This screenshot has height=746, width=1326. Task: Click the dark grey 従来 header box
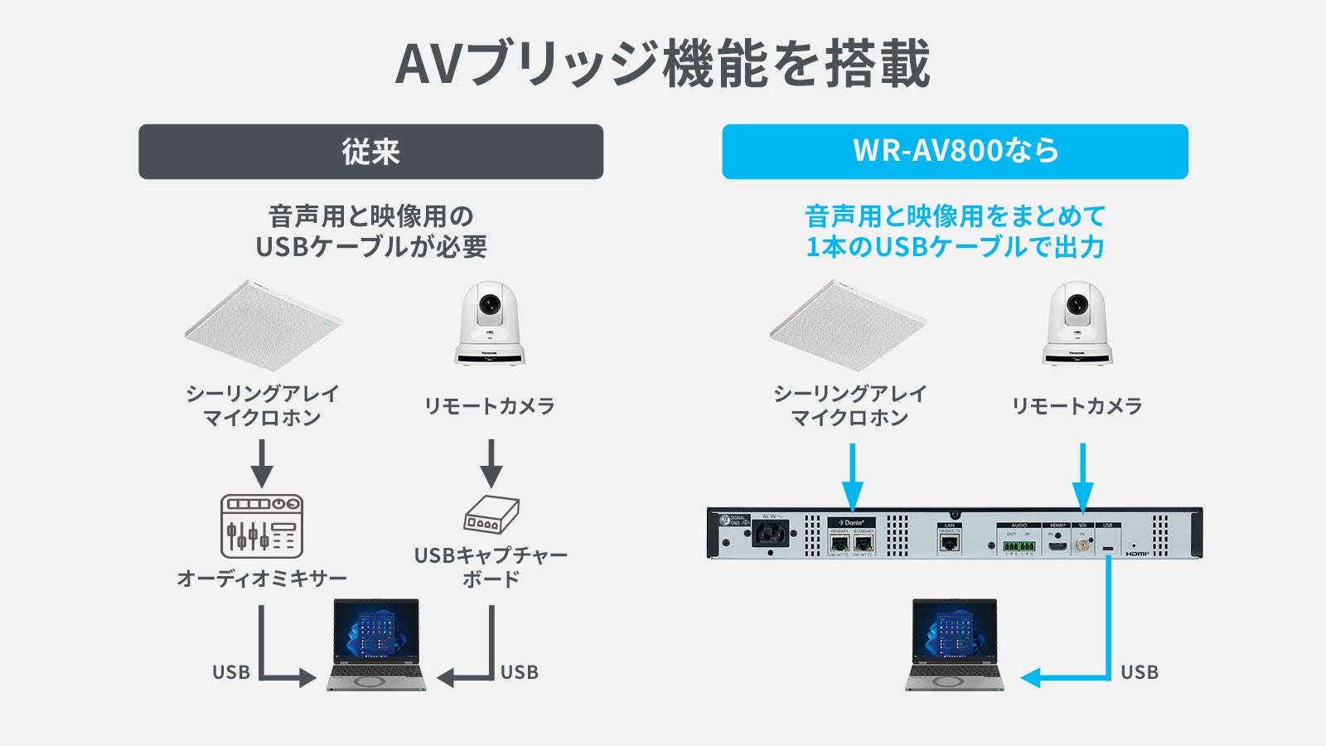point(370,152)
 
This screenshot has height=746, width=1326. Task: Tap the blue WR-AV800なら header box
point(955,152)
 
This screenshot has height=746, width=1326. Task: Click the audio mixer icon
point(262,526)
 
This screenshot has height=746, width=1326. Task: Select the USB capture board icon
point(491,515)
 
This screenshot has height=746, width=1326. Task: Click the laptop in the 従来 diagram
point(376,645)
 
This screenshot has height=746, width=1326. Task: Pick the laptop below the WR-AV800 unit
point(955,645)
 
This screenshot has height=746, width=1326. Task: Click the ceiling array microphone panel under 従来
point(263,325)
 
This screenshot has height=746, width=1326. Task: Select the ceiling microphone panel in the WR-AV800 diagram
point(848,325)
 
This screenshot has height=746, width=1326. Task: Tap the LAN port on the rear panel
point(950,543)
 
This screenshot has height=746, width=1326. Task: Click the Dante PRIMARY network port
point(839,544)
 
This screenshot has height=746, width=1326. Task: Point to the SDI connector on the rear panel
point(1082,545)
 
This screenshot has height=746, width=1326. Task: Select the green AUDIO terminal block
point(1018,546)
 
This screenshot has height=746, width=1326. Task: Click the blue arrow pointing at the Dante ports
point(852,477)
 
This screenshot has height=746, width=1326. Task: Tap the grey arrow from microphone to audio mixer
point(262,463)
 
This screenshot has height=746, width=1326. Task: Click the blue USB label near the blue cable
point(1140,672)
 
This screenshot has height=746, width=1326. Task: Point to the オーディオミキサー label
point(262,578)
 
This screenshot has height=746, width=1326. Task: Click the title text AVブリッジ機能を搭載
point(663,64)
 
